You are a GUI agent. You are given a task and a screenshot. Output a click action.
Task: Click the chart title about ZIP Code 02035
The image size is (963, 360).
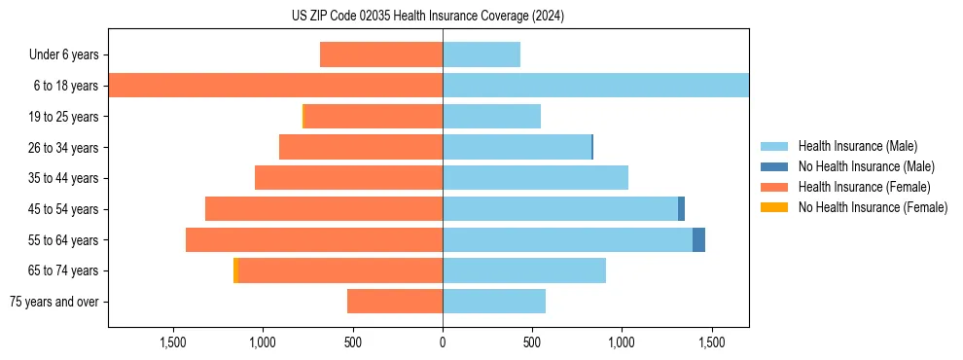click(428, 16)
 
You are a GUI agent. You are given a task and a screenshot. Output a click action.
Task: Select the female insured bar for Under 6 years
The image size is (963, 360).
click(381, 54)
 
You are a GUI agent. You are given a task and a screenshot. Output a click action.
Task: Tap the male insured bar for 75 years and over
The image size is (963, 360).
click(494, 302)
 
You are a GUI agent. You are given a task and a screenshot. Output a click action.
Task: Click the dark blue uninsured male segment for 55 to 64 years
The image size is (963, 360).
click(698, 239)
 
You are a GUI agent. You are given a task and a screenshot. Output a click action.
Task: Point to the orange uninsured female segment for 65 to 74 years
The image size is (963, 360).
click(235, 270)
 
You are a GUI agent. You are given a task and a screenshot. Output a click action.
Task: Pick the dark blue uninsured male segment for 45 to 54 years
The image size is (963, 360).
click(681, 209)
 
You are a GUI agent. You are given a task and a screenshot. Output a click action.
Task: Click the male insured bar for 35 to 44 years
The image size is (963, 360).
click(535, 178)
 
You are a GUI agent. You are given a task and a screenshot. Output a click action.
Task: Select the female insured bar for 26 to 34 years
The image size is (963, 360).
click(361, 147)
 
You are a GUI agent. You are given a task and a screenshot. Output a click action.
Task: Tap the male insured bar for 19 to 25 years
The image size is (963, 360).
click(491, 117)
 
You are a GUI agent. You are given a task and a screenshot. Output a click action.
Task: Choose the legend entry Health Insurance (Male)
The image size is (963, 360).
click(857, 146)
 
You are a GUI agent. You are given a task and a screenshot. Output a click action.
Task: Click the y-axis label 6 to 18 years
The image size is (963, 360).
click(65, 86)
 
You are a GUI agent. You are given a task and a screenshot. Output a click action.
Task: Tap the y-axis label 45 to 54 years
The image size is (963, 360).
click(62, 209)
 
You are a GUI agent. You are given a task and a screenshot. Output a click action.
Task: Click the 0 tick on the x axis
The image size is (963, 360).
click(443, 342)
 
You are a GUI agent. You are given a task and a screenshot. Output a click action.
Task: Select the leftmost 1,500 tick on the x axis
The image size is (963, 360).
click(173, 342)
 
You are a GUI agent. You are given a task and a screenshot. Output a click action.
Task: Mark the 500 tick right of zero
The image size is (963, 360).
click(531, 342)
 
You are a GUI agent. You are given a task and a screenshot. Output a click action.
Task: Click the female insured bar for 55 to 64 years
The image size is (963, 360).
click(314, 239)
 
